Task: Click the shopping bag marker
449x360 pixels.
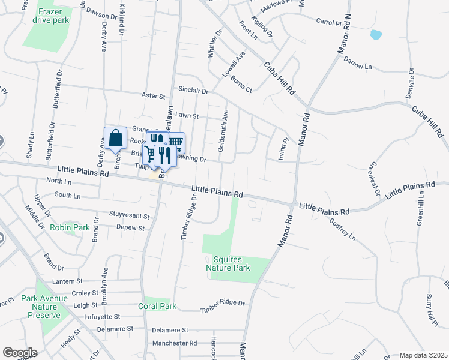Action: (115, 139)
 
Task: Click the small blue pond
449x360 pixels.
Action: (376, 34)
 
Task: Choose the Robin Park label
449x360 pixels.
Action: (70, 228)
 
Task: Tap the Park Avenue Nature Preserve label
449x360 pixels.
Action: (41, 307)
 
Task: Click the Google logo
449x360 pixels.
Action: (20, 353)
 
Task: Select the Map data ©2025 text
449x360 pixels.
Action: (423, 355)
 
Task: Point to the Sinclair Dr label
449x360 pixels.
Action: (193, 91)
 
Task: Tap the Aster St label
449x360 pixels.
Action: (153, 96)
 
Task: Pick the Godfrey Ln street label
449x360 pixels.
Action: (342, 229)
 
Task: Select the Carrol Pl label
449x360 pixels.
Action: (328, 22)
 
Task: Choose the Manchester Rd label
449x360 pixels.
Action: (175, 344)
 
